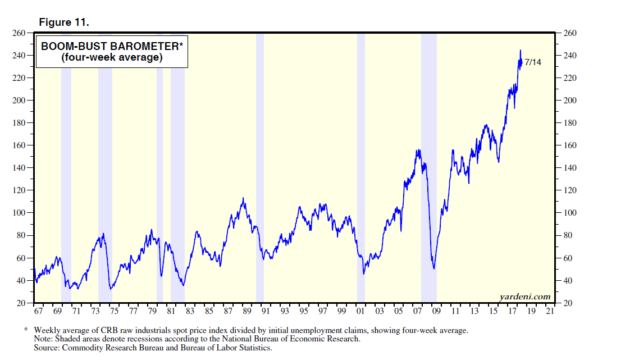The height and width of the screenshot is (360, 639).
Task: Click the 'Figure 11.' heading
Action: pos(63,22)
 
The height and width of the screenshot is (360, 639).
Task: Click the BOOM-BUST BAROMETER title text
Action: pos(112,47)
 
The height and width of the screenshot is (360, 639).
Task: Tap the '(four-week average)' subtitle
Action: pos(111,58)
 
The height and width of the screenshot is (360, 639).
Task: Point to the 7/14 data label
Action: pos(533,62)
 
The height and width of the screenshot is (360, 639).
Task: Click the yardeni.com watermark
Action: pos(524,297)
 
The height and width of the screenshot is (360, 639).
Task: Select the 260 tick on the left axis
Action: pos(19,33)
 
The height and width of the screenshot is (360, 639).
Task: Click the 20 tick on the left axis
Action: pos(21,303)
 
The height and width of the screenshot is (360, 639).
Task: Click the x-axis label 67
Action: pos(38,311)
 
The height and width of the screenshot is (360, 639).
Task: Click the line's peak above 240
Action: pos(520,51)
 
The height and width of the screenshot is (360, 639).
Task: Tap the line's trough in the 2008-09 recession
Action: pos(434,268)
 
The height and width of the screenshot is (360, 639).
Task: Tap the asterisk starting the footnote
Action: pos(25,330)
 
